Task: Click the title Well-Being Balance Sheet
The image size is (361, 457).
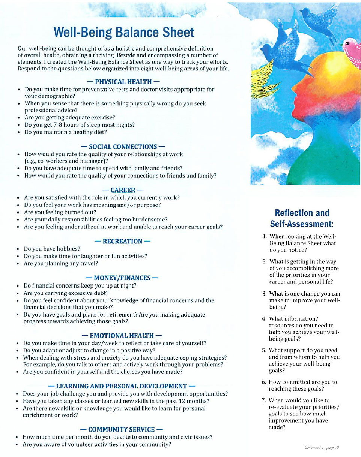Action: click(x=124, y=32)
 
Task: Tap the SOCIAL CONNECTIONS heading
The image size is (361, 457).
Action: click(x=122, y=146)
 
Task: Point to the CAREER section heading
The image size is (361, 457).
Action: click(x=122, y=190)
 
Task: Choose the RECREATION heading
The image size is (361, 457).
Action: click(x=122, y=241)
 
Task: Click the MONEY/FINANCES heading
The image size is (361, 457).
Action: click(x=122, y=278)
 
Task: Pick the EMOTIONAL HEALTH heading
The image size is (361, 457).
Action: click(x=122, y=335)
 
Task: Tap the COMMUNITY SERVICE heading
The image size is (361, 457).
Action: click(x=122, y=429)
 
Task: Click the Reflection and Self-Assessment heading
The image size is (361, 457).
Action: click(x=302, y=218)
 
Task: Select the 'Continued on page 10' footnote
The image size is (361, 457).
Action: click(x=322, y=447)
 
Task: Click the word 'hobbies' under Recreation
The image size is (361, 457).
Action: click(x=69, y=249)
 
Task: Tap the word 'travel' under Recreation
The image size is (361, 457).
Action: click(x=89, y=263)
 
